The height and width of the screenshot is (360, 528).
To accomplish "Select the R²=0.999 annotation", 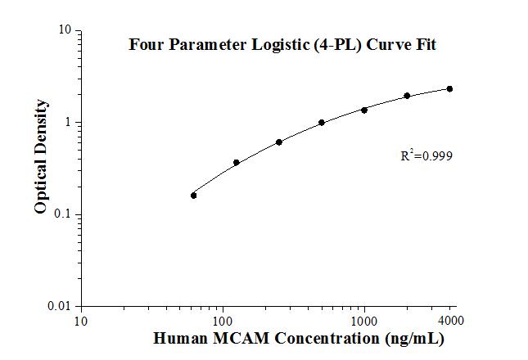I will (426, 155).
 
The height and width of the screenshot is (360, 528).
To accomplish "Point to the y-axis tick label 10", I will (65, 31).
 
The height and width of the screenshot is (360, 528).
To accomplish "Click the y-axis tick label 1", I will (68, 123).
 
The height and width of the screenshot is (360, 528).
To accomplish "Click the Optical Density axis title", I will (41, 157).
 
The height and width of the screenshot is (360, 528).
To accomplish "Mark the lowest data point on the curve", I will (193, 196).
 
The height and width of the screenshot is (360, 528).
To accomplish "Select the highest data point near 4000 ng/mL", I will (449, 88).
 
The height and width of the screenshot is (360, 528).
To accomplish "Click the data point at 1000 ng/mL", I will (364, 110).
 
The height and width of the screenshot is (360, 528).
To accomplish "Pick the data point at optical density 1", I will (322, 123).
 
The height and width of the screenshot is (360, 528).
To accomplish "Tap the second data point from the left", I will (237, 163).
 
